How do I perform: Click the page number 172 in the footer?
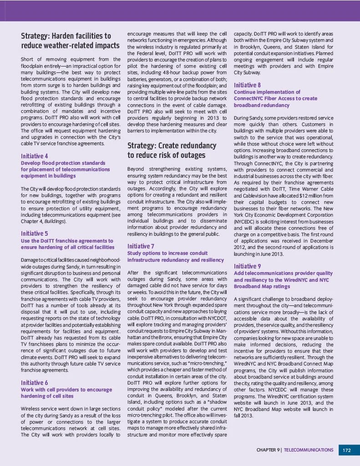tap(347, 450)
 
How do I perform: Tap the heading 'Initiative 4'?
tap(35, 156)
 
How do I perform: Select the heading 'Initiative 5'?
tap(35, 234)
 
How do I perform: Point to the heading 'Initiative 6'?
tap(35, 383)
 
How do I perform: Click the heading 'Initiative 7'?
tap(141, 246)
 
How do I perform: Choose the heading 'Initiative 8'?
tap(247, 85)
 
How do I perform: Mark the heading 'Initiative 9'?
tap(247, 266)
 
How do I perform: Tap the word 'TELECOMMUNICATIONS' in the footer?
tap(309, 450)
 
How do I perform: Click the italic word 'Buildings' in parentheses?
tap(57, 221)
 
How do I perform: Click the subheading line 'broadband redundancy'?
tap(261, 105)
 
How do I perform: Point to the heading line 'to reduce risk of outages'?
tap(166, 155)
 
